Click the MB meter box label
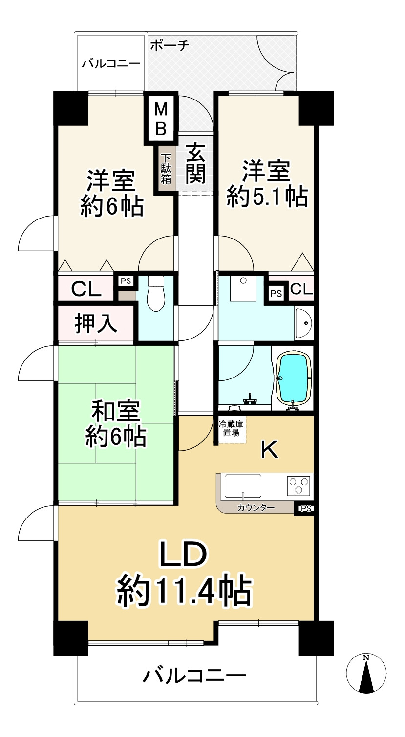(161, 119)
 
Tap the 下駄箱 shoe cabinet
(166, 169)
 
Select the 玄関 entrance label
(195, 163)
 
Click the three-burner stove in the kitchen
(298, 485)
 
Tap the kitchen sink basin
(243, 486)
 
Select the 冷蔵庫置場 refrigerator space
(232, 429)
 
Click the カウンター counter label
(256, 508)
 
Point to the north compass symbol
(366, 674)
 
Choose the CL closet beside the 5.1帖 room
(301, 289)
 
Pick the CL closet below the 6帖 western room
(86, 289)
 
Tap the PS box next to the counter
(305, 509)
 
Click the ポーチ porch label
(170, 45)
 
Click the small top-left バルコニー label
(111, 63)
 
